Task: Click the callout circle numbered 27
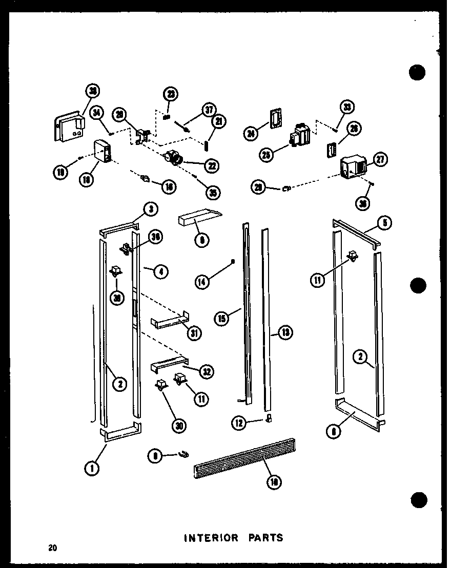pyautogui.click(x=380, y=160)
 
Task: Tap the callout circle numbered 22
pyautogui.click(x=210, y=165)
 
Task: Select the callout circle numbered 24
pyautogui.click(x=251, y=134)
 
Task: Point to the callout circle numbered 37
pyautogui.click(x=209, y=109)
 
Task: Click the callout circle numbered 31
pyautogui.click(x=194, y=333)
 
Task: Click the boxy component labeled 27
pyautogui.click(x=352, y=166)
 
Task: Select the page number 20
pyautogui.click(x=53, y=549)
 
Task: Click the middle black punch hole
pyautogui.click(x=418, y=285)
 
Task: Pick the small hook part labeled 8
pyautogui.click(x=183, y=453)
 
